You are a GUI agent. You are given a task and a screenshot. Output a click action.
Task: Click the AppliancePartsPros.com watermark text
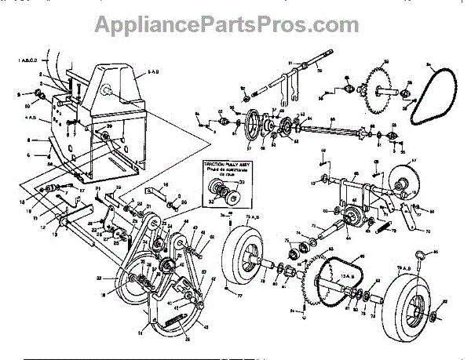point(235,24)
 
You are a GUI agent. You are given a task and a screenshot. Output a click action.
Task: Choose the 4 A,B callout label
point(32,118)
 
